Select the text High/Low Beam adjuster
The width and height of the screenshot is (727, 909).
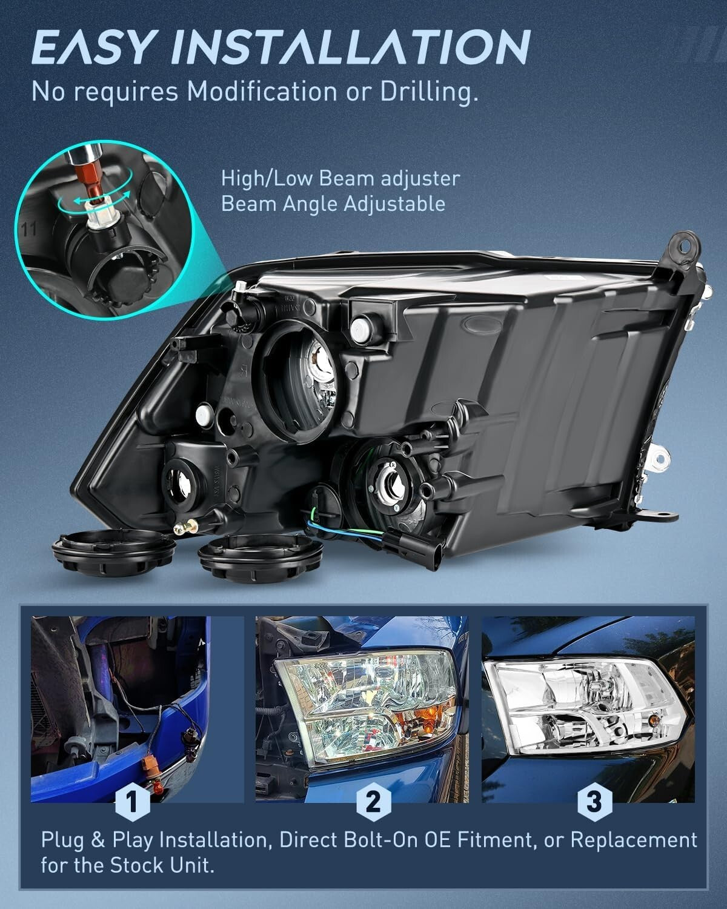click(x=340, y=179)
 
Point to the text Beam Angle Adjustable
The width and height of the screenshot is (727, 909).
click(x=333, y=204)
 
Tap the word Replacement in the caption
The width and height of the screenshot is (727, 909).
click(x=634, y=840)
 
